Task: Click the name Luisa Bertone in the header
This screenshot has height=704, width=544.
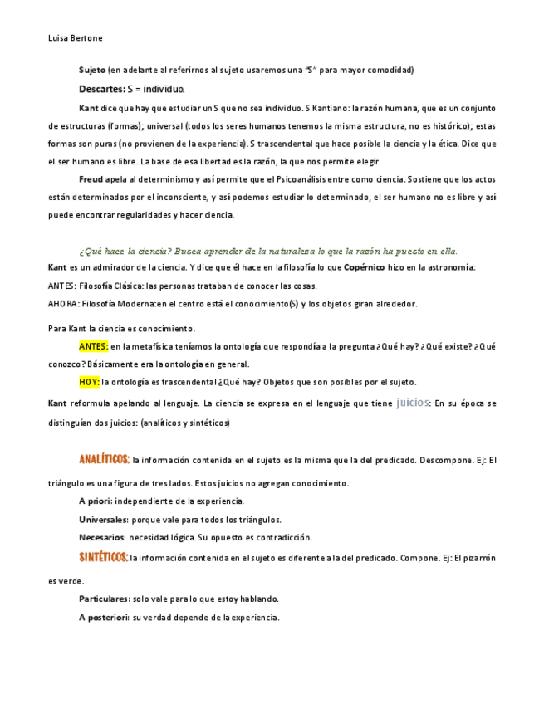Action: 76,37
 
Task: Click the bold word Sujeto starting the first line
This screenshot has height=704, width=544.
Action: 92,70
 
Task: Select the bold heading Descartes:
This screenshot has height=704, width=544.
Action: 101,89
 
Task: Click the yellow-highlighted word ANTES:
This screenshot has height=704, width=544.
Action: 94,345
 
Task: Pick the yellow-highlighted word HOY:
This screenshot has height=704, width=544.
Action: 89,382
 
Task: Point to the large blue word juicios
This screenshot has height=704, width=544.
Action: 413,402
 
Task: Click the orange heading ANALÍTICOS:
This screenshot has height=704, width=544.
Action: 104,459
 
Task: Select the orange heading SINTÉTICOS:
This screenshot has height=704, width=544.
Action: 103,557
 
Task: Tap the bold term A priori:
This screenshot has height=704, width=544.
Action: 96,501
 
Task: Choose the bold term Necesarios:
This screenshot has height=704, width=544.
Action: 102,537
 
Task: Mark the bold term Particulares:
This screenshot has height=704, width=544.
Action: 104,599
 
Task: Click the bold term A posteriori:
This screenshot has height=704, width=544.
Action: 104,617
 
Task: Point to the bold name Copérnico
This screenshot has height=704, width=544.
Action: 365,267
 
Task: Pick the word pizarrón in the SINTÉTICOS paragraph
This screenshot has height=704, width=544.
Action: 477,558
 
